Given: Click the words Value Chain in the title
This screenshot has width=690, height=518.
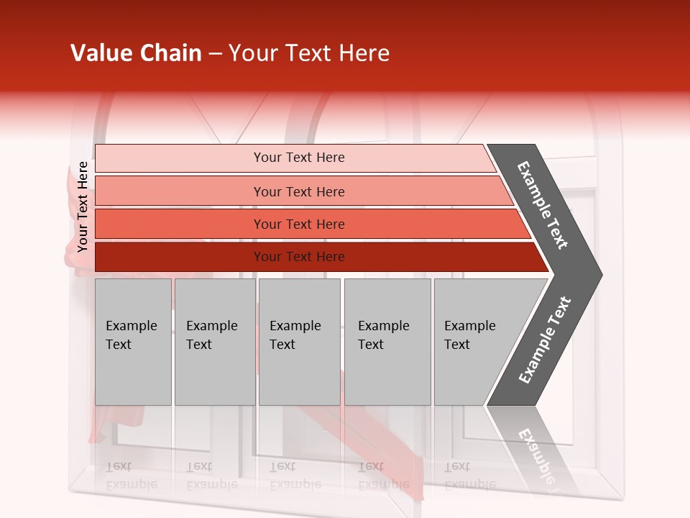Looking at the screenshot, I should click(136, 53).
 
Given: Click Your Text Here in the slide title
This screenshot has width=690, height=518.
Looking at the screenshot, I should click(309, 53).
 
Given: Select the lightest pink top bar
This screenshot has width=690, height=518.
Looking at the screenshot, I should click(180, 158).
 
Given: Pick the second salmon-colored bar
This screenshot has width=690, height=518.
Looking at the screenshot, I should click(180, 191).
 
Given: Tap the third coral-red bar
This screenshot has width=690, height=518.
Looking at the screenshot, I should click(180, 224).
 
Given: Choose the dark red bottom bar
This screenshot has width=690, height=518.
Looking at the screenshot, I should click(180, 257).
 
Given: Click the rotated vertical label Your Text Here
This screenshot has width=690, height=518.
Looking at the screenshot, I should click(83, 206).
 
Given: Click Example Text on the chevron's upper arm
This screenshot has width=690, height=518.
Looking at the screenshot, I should click(543, 205).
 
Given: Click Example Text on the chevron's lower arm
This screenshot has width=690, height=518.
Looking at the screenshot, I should click(545, 340).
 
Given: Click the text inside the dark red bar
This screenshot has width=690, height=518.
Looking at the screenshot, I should click(299, 257).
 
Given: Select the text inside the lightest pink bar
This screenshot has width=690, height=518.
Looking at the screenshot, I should click(299, 158).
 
